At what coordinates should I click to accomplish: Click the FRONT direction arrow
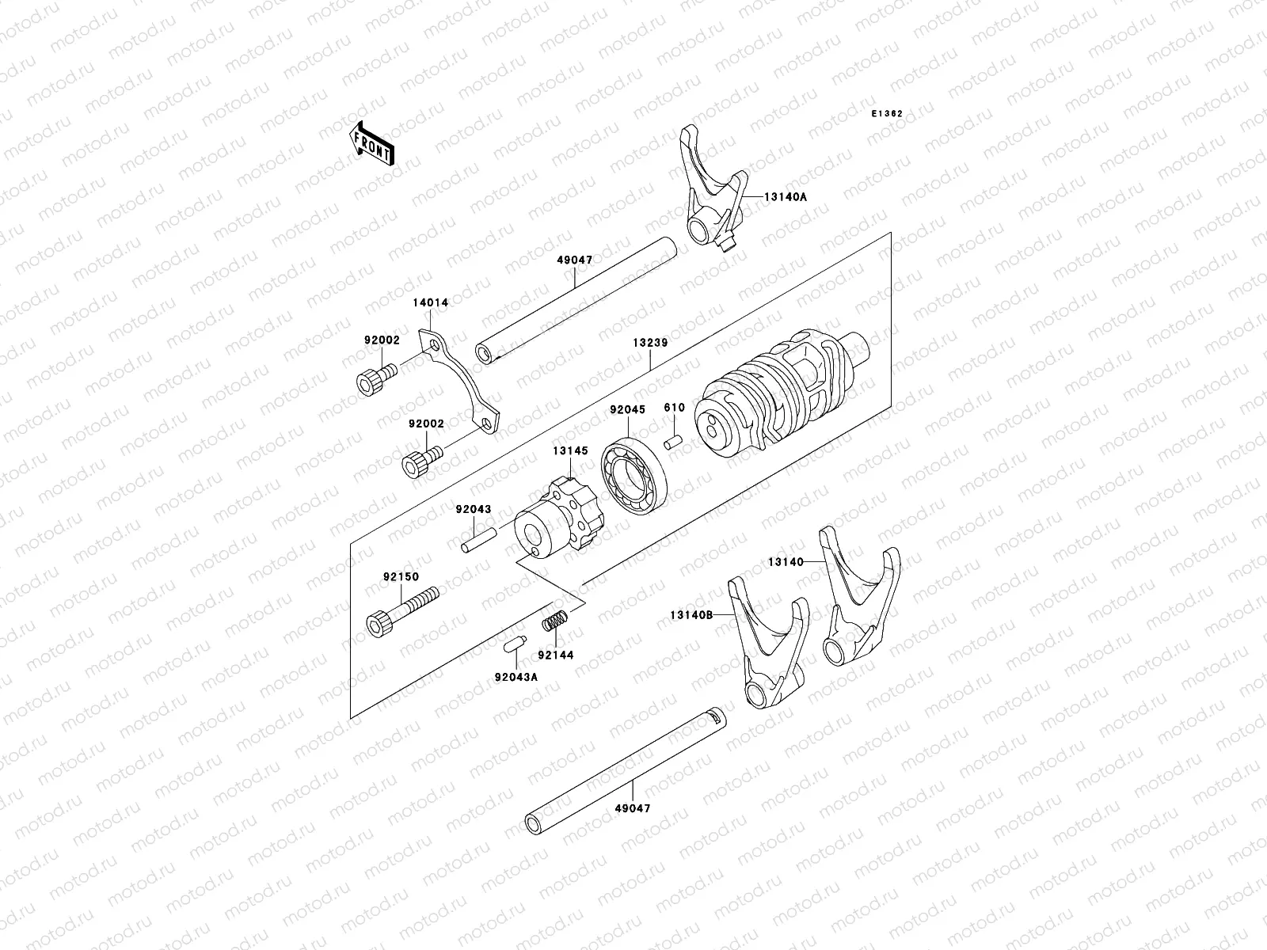pyautogui.click(x=383, y=144)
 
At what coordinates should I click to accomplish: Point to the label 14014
pyautogui.click(x=430, y=302)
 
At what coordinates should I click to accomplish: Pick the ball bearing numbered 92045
pyautogui.click(x=636, y=477)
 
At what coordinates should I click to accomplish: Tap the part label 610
pyautogui.click(x=674, y=408)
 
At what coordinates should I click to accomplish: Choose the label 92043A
pyautogui.click(x=516, y=677)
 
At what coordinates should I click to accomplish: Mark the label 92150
pyautogui.click(x=402, y=577)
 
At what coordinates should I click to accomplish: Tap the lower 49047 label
pyautogui.click(x=633, y=809)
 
